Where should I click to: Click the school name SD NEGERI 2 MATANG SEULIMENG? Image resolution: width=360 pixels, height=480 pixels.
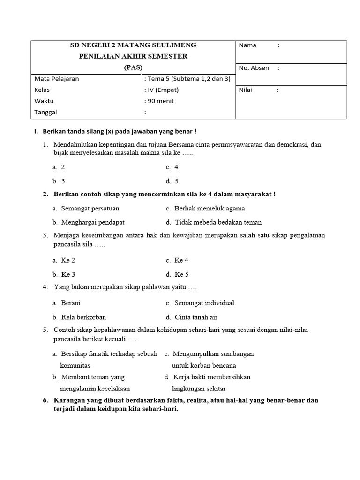coord(133,45)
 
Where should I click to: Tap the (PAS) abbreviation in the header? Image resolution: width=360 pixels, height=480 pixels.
coord(133,67)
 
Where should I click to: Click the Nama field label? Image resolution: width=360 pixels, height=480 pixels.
coord(247,45)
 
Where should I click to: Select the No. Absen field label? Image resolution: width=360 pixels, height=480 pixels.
coord(254,68)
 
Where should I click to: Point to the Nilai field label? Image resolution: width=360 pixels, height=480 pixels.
coord(246,90)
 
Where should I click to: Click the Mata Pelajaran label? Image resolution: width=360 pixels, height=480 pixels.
coord(56,79)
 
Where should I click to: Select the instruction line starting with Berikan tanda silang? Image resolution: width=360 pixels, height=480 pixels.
coord(119,132)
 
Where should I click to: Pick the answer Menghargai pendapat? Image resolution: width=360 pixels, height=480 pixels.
coord(92,222)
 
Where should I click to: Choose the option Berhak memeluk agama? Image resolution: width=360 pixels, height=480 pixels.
coord(209,208)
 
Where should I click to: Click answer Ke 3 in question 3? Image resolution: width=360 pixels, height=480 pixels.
coord(68,274)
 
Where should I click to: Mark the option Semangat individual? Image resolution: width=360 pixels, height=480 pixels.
coord(204,303)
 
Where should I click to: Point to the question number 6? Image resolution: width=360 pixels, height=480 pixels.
coord(45,400)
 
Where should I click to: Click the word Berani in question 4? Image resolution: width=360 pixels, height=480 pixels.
coord(71,303)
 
